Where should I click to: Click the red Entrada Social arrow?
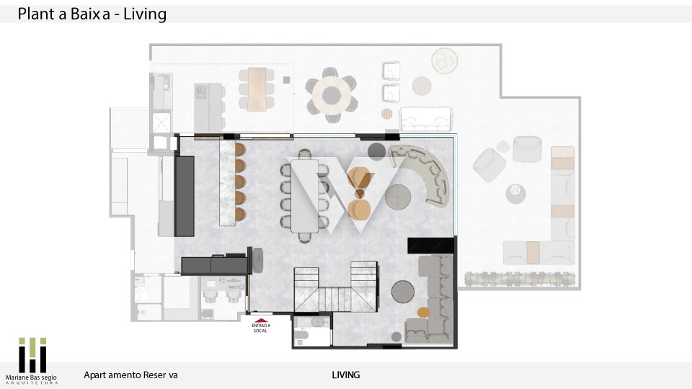point(261,321)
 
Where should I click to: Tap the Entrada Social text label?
point(260,328)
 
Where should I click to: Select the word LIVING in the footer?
point(345,375)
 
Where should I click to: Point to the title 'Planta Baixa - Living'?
point(92,14)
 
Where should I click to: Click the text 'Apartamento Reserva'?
point(130,375)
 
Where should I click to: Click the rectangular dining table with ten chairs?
point(304,196)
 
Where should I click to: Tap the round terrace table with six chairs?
point(332,95)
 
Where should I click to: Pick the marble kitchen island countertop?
point(227,183)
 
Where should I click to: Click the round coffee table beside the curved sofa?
point(398,197)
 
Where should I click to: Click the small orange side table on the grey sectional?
point(423,312)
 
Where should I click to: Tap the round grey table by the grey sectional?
point(403,292)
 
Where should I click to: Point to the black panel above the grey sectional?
point(431,245)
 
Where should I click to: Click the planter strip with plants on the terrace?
point(520,279)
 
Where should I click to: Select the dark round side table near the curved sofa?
point(376,151)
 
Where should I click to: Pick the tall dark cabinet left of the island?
point(185,196)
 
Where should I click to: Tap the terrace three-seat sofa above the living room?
point(426,119)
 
